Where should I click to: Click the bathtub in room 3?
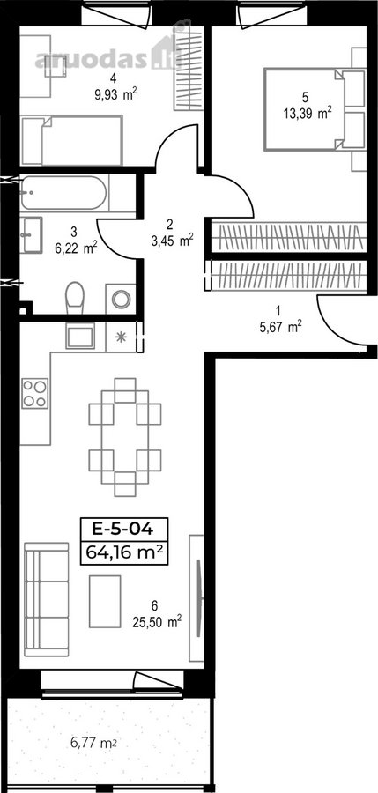(63, 193)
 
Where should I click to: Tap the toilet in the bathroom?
(75, 298)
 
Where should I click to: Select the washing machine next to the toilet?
(121, 299)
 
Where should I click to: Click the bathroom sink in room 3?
(32, 234)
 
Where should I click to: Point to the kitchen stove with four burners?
(34, 394)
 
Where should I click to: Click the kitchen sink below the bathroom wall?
(80, 336)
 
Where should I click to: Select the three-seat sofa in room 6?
(47, 599)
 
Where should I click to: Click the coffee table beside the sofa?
(105, 601)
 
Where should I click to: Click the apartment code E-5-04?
(123, 530)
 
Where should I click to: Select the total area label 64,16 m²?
(124, 552)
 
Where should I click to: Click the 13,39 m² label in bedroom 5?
(308, 114)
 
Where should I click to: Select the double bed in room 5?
(314, 109)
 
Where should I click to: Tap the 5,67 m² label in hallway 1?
(281, 327)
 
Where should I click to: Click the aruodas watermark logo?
(107, 59)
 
